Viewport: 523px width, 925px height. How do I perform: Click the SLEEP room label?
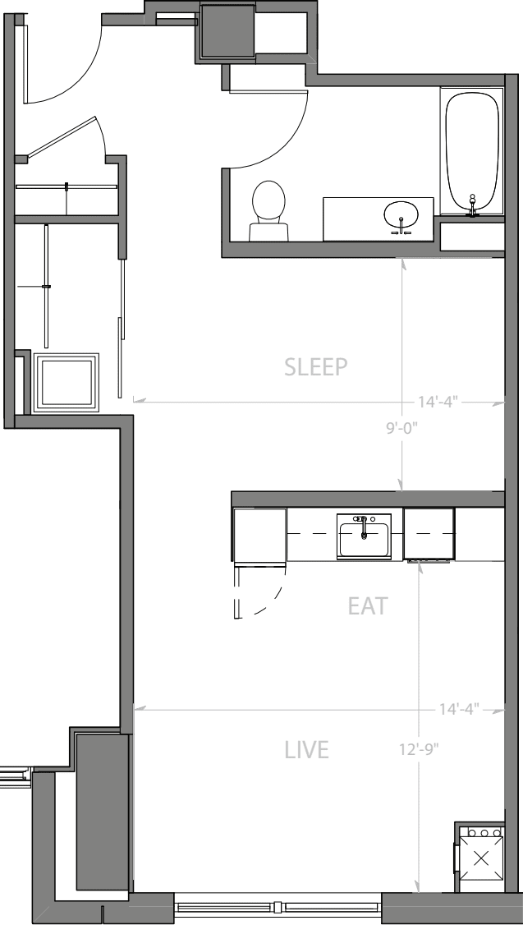tap(315, 366)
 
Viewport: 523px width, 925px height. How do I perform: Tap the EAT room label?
tap(368, 606)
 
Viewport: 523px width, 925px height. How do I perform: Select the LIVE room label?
tap(306, 750)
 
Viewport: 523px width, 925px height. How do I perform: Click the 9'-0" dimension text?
tap(402, 428)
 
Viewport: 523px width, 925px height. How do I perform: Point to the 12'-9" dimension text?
tap(420, 749)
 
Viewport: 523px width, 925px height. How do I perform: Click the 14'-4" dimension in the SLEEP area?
tap(438, 402)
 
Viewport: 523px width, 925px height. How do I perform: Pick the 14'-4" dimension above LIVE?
tap(459, 708)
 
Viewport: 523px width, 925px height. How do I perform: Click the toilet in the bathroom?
tap(268, 210)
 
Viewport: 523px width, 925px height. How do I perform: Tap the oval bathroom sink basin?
tap(401, 214)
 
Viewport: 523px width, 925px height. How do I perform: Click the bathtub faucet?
tap(472, 205)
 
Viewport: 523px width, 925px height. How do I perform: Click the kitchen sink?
tap(364, 536)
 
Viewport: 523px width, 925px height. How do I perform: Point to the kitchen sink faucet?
tap(364, 527)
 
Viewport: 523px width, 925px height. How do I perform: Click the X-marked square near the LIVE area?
tap(481, 859)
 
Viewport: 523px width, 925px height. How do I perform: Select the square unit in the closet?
tap(66, 382)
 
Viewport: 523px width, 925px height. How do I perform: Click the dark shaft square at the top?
tap(228, 30)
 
